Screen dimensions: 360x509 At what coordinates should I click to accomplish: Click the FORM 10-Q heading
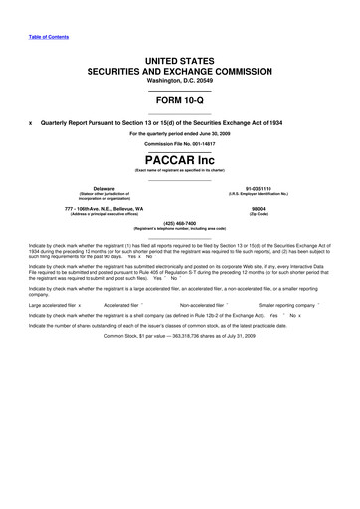coord(179,104)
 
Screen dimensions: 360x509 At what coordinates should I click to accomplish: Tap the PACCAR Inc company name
coord(179,157)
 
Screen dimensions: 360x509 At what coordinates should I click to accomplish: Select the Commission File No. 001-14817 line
coord(179,143)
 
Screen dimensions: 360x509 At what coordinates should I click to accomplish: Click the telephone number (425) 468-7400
coord(179,223)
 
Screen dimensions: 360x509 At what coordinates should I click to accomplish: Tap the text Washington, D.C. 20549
coord(179,85)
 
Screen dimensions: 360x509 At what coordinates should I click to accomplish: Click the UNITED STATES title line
coord(179,62)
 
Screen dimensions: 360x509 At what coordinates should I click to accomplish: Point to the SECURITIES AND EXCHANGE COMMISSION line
coord(179,74)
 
